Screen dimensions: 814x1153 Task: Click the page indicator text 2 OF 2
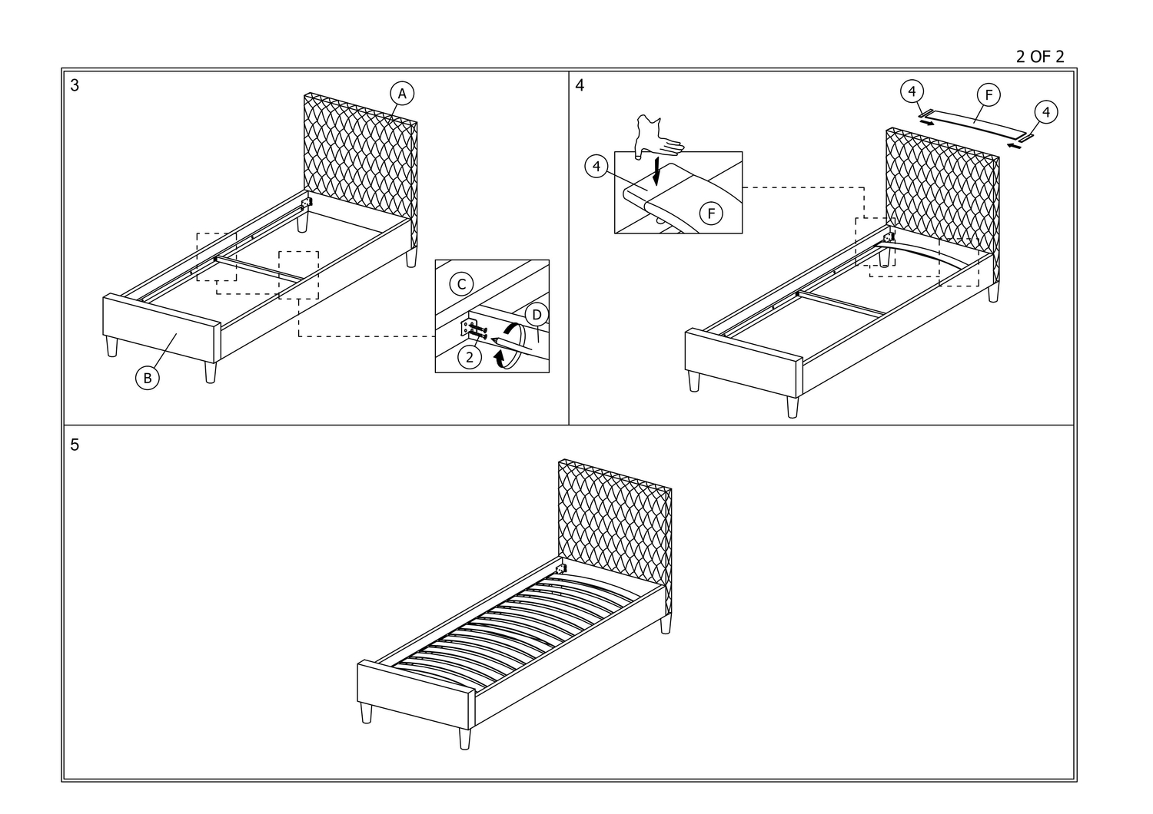tap(1039, 57)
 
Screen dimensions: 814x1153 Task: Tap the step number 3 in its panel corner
tap(75, 85)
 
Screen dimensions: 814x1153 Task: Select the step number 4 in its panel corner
tap(580, 85)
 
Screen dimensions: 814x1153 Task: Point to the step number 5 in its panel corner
tap(75, 445)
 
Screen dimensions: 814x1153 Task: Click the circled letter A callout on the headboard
tap(401, 94)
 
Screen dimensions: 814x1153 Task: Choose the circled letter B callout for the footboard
tap(147, 377)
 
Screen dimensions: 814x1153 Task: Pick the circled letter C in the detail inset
tap(461, 284)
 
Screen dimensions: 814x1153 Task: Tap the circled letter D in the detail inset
tap(537, 314)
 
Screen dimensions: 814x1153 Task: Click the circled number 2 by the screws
tap(469, 356)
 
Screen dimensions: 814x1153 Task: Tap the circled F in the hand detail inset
tap(711, 213)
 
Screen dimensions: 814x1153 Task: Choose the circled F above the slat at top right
tap(989, 95)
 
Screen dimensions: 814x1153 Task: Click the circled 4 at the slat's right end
tap(1045, 112)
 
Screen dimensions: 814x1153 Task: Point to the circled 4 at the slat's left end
tap(912, 92)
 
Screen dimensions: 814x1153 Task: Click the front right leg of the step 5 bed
tap(464, 739)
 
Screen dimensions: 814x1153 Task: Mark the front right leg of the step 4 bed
tap(792, 407)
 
